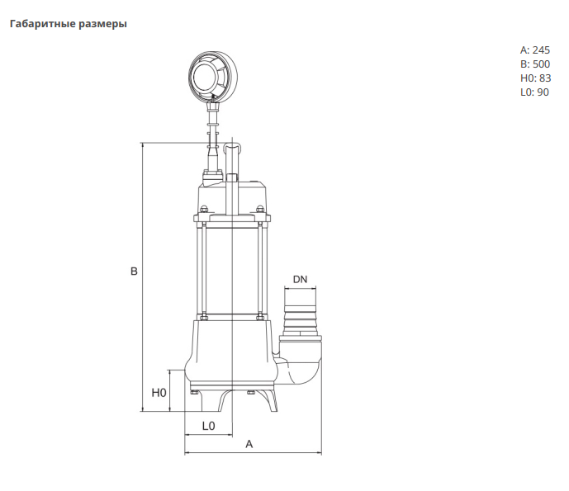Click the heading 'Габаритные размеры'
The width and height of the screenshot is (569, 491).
(68, 24)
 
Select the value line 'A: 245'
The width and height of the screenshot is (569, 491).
(534, 50)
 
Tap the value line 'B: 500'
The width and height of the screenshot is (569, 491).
(534, 64)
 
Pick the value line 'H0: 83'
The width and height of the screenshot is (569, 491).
(534, 78)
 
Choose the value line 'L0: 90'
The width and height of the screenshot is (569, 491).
(534, 92)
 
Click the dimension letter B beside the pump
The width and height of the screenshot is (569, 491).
(134, 271)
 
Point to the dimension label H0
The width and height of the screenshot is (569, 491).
(159, 393)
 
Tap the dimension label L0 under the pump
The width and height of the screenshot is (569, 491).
(209, 426)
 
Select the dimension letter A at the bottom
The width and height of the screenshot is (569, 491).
(249, 444)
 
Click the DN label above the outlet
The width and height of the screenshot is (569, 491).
(300, 280)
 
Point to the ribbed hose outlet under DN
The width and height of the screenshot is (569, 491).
(300, 318)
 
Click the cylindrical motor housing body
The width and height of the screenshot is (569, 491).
(232, 268)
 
